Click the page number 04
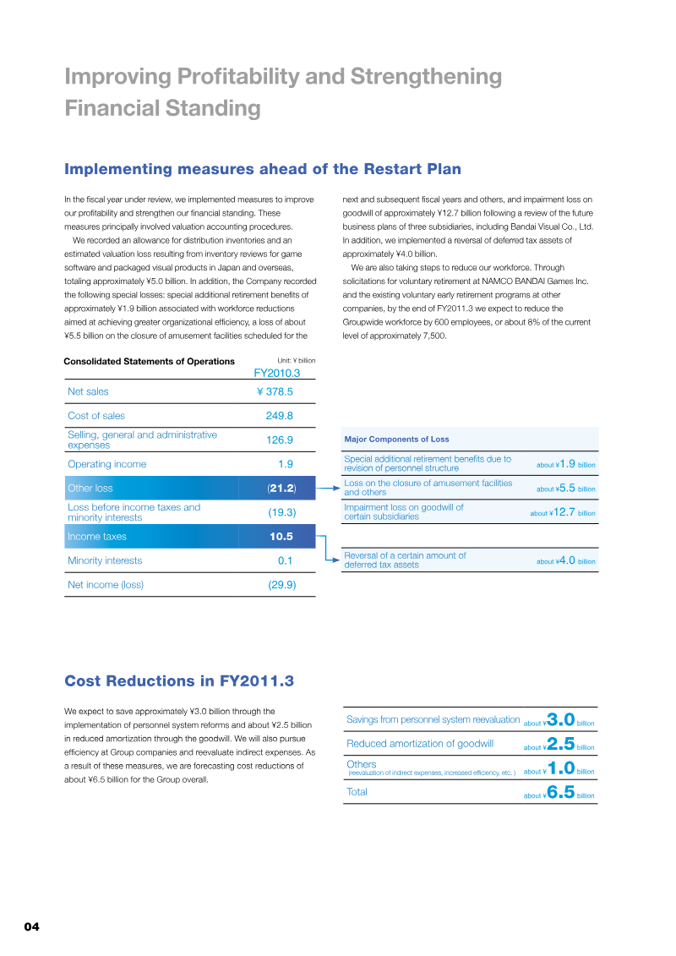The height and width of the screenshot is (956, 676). (31, 926)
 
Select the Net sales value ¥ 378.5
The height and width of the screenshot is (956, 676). (275, 391)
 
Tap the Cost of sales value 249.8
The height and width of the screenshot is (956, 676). (279, 416)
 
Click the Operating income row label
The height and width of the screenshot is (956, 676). (106, 464)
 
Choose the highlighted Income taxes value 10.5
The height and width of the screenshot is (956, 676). (281, 537)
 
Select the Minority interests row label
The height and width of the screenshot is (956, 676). (105, 560)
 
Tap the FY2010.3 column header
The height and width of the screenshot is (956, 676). (277, 372)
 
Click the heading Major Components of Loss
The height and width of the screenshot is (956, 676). (396, 440)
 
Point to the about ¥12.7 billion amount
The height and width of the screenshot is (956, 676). (563, 512)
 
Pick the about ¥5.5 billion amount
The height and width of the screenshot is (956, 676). (566, 489)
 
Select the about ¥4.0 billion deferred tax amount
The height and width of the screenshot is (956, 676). (566, 560)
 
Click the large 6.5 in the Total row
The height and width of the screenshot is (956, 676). (561, 792)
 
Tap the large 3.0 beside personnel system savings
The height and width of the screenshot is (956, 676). (561, 719)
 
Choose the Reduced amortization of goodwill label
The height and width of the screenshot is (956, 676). (420, 744)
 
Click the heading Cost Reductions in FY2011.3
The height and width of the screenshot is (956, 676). (179, 681)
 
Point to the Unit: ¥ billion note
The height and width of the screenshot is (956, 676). (296, 361)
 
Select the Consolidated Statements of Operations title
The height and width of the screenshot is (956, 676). (150, 362)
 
